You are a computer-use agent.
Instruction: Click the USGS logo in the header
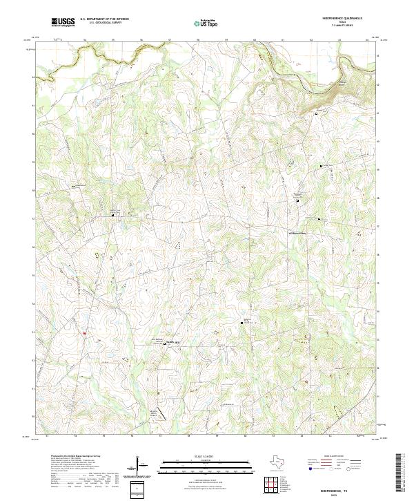[x=63, y=22]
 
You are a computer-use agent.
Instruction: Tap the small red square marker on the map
[x=84, y=334]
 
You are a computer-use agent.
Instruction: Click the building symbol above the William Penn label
[x=319, y=219]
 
